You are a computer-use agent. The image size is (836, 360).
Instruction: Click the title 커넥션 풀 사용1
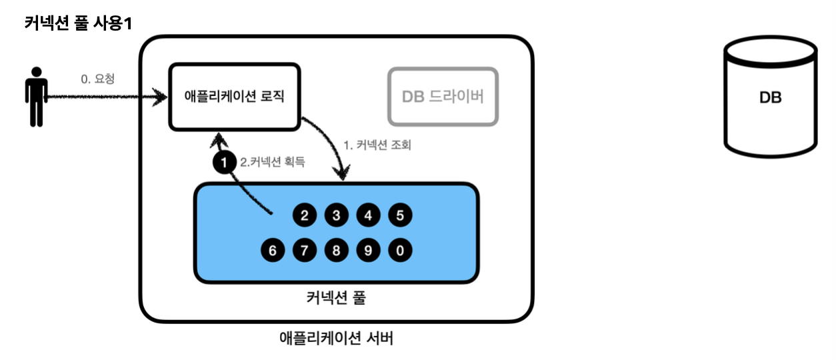point(78,23)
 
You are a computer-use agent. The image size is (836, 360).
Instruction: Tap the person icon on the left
point(36,97)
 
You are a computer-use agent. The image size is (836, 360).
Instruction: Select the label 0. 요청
point(97,79)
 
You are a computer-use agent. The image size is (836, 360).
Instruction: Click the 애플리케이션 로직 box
point(234,97)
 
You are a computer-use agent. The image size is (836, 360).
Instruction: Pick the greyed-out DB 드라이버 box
point(443,97)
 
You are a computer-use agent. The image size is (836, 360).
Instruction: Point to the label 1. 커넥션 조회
point(377,145)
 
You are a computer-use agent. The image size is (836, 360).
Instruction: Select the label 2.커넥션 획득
point(272,161)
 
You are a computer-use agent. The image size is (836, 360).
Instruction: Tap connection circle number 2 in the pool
point(304,215)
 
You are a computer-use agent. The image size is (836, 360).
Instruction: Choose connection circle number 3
point(336,215)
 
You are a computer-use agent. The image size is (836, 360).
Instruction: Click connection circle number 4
point(368,215)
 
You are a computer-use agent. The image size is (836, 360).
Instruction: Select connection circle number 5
point(400,215)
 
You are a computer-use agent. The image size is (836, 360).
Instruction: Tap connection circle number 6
point(272,251)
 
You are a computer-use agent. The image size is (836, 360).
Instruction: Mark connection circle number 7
point(304,251)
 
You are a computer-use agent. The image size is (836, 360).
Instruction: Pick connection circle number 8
point(336,251)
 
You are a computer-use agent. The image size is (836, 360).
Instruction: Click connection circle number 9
point(368,251)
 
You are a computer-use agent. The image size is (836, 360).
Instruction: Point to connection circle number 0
point(400,251)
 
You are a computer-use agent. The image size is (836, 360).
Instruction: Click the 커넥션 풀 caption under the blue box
point(336,298)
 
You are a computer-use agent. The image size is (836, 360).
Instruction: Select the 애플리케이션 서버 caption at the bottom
point(336,338)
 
